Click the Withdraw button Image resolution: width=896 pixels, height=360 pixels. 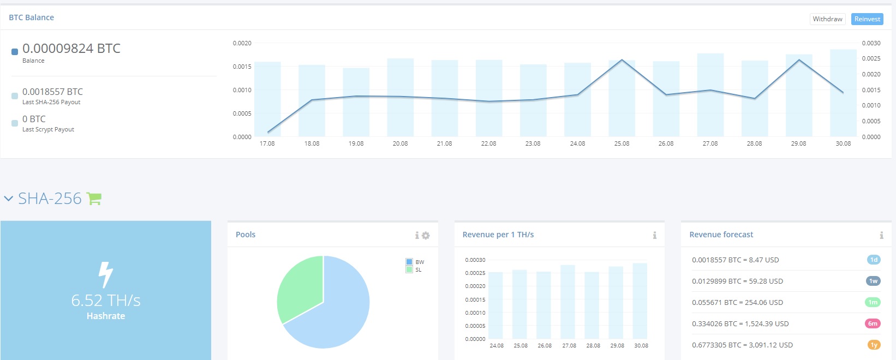827,19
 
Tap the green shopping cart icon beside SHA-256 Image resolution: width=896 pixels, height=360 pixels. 94,199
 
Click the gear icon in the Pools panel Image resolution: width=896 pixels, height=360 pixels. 426,236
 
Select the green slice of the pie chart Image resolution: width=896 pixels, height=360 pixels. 299,288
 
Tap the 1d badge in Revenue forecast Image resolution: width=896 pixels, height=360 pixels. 874,260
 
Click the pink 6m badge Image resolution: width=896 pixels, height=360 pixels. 873,323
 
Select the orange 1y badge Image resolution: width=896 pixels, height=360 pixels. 874,345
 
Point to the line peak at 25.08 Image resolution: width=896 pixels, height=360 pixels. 622,60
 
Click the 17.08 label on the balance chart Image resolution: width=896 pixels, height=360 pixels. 267,143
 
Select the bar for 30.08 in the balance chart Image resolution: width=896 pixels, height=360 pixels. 843,93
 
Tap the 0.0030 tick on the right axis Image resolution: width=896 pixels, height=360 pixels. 871,43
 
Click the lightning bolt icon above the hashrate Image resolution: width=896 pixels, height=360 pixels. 105,274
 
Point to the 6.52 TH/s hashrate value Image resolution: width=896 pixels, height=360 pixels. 106,301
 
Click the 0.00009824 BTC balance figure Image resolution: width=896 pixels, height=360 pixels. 71,49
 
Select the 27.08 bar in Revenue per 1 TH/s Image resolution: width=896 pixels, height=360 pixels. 568,302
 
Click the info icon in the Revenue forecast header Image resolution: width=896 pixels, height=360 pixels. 881,235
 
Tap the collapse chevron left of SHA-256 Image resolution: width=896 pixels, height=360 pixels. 8,199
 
